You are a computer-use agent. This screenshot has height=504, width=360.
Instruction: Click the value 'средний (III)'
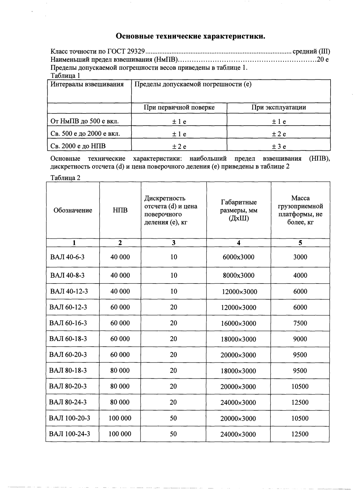(311, 51)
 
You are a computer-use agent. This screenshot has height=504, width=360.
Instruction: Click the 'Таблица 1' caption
(65, 76)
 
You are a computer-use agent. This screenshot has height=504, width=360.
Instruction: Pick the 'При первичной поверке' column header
(179, 107)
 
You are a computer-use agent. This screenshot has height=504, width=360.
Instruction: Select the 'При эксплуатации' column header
(278, 107)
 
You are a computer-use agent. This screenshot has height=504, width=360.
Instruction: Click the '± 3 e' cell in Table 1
(278, 147)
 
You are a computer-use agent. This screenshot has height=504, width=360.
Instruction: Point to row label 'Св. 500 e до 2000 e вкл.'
(85, 134)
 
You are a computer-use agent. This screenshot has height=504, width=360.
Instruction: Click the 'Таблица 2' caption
(65, 178)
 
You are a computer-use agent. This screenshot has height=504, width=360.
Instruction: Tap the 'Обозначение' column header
(73, 210)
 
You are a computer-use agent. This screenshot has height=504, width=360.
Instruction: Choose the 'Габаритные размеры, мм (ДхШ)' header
(239, 210)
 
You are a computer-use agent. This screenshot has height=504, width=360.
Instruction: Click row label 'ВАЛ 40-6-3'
(67, 257)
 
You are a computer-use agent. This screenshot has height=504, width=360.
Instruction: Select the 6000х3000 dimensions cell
(238, 257)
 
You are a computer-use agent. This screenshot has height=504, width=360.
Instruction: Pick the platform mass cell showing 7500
(300, 323)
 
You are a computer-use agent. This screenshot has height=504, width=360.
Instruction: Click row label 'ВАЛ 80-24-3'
(68, 402)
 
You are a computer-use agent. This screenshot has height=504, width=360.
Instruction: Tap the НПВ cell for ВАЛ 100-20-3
(120, 418)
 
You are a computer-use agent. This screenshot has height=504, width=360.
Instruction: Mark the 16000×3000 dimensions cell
(238, 324)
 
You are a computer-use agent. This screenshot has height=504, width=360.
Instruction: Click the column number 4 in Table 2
(239, 243)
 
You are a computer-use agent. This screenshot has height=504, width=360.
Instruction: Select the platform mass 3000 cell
(300, 257)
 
